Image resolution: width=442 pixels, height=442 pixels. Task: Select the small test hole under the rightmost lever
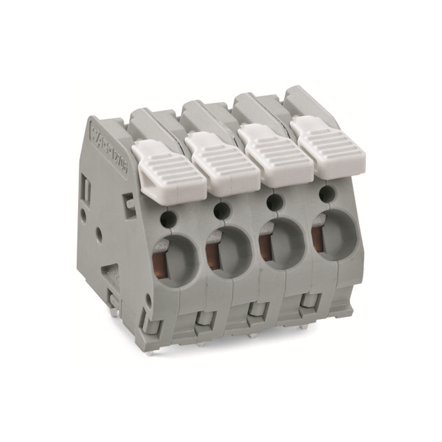pyautogui.click(x=323, y=196)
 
